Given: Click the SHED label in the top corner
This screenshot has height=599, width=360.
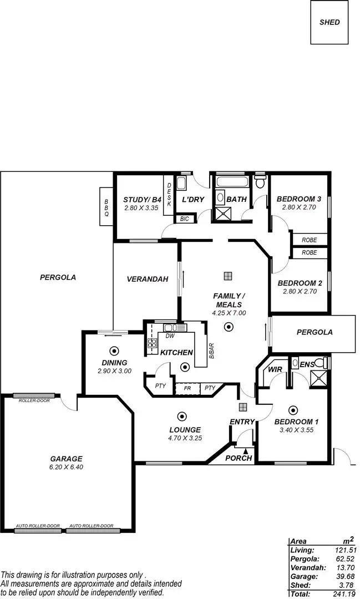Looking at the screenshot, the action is point(329,23).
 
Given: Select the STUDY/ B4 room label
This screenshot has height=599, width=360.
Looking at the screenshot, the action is point(142,200).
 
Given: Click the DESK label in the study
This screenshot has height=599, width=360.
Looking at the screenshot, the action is point(169,196).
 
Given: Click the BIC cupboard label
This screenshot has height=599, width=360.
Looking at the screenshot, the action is point(184,219).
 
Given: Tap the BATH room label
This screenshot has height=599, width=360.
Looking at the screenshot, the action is point(236,200).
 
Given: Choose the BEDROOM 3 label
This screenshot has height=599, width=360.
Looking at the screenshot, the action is point(299,199).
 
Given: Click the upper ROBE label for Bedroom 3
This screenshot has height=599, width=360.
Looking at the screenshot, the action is point(310,240).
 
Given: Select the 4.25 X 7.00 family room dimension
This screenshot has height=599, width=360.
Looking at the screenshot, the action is point(229,313).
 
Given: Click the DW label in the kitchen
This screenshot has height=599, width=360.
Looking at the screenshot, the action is point(170,336).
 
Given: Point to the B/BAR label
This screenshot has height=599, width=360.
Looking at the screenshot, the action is point(210,350).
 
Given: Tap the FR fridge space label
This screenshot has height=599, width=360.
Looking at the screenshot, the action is point(187,388).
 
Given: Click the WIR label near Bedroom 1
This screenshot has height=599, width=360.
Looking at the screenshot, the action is point(276,369).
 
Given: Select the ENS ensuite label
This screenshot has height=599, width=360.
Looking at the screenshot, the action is point(306,364).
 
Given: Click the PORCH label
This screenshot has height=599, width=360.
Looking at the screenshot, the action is point(239,458).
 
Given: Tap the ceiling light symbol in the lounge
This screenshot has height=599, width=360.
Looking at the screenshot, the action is point(181,415).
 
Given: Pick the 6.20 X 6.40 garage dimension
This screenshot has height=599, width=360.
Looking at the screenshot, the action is point(66,467).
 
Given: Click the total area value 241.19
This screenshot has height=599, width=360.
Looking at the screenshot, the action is point(345,593).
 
